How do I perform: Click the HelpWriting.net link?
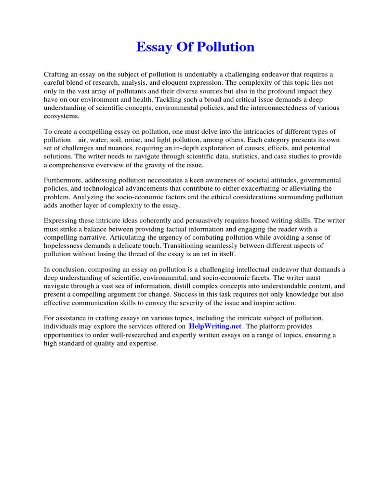point(215,326)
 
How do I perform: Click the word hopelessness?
point(66,246)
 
